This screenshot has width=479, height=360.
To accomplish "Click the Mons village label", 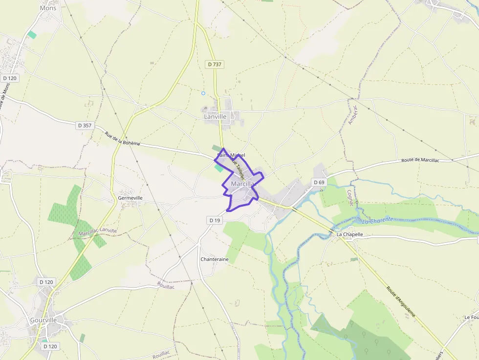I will (x=48, y=8).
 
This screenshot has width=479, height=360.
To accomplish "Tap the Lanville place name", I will (x=215, y=116).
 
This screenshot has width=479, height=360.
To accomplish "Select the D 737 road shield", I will (x=214, y=64).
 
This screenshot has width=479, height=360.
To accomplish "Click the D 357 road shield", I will (x=85, y=126).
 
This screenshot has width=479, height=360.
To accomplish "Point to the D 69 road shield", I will (x=319, y=182).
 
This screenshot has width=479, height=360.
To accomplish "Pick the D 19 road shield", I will (x=215, y=220).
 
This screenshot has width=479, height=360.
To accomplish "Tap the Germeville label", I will (x=131, y=198).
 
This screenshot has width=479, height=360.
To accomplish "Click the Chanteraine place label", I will (x=215, y=259).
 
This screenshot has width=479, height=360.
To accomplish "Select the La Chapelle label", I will (x=350, y=234).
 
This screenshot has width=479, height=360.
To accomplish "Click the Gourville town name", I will (x=44, y=320).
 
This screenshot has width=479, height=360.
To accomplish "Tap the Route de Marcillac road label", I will (x=420, y=160).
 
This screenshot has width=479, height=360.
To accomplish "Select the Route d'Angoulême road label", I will (x=401, y=301).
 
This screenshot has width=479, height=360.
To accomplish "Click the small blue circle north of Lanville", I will (x=203, y=93).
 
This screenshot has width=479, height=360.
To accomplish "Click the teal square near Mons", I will (x=32, y=35).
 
